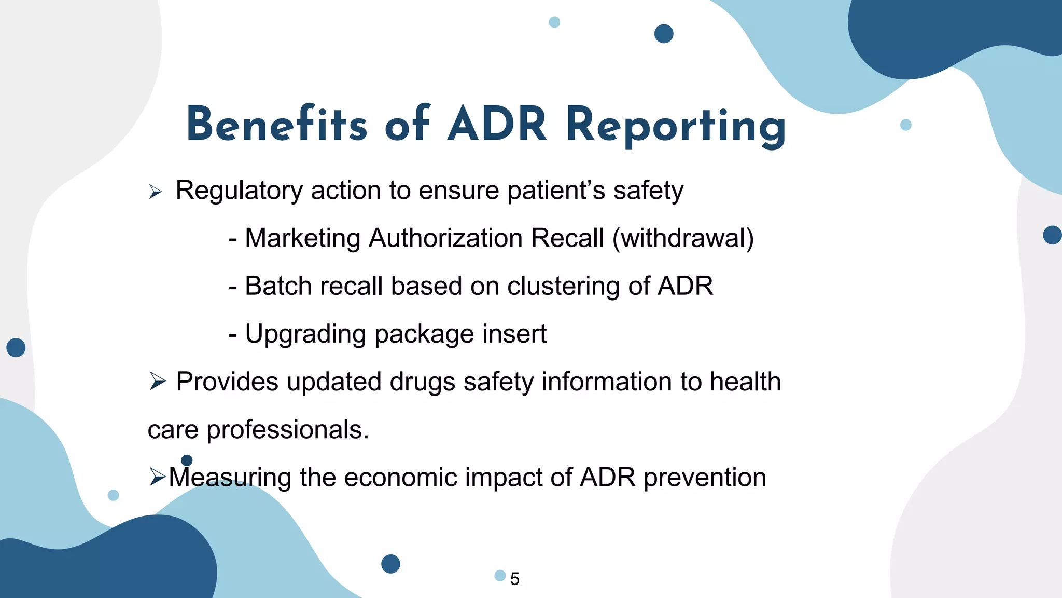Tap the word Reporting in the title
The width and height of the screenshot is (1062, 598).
[676, 126]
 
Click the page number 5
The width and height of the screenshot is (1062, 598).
[514, 579]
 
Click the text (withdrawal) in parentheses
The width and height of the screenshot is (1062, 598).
[683, 238]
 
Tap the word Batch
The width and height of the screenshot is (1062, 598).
[278, 286]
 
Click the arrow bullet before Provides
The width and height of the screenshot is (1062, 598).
[157, 381]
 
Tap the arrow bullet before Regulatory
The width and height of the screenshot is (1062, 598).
[156, 192]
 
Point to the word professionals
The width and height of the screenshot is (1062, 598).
[287, 430]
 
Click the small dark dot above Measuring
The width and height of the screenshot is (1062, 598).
[187, 460]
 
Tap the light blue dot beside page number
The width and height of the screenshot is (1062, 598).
[500, 575]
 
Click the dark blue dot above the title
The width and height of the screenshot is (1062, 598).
[664, 34]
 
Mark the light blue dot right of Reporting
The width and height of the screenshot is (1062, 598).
[905, 125]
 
